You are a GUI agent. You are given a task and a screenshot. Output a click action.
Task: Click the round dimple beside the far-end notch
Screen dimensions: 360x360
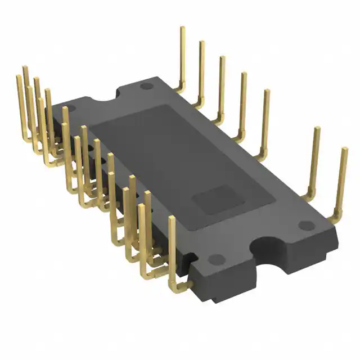pyautogui.click(x=146, y=87)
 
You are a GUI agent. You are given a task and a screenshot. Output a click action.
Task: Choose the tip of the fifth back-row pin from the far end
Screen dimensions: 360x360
pyautogui.click(x=266, y=91)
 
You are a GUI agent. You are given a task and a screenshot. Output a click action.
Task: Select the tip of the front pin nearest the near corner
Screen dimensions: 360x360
pyautogui.click(x=172, y=219)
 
